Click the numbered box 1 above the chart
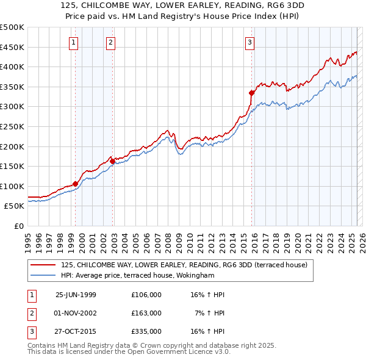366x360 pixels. click(x=73, y=42)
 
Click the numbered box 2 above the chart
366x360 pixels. click(x=110, y=42)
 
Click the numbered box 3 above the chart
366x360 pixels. click(x=250, y=42)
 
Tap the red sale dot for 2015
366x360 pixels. click(x=251, y=93)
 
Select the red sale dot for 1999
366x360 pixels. click(x=76, y=184)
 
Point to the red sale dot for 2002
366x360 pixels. click(x=112, y=161)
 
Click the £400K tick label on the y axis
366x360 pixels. click(x=12, y=67)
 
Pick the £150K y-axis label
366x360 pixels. click(x=12, y=166)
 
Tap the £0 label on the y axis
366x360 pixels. click(x=19, y=226)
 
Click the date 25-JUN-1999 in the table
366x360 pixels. click(x=76, y=295)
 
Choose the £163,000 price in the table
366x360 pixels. click(x=146, y=313)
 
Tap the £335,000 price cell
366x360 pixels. click(x=146, y=332)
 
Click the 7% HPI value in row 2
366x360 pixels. click(x=210, y=313)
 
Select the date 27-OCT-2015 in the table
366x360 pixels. click(x=76, y=332)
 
